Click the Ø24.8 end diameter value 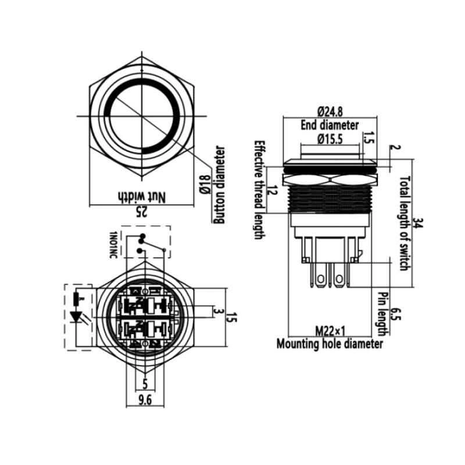pyautogui.click(x=330, y=112)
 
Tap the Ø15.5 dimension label pyautogui.click(x=330, y=139)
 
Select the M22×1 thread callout pyautogui.click(x=330, y=331)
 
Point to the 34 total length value pyautogui.click(x=419, y=223)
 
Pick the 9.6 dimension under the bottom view pyautogui.click(x=145, y=400)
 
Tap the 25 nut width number pyautogui.click(x=141, y=211)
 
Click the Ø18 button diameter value pyautogui.click(x=205, y=184)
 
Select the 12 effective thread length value pyautogui.click(x=273, y=191)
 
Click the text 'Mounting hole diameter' pyautogui.click(x=330, y=344)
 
